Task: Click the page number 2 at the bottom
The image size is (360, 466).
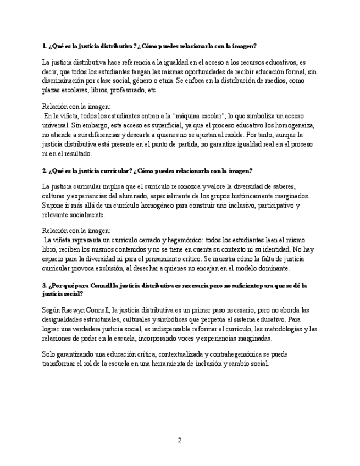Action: pos(179,440)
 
